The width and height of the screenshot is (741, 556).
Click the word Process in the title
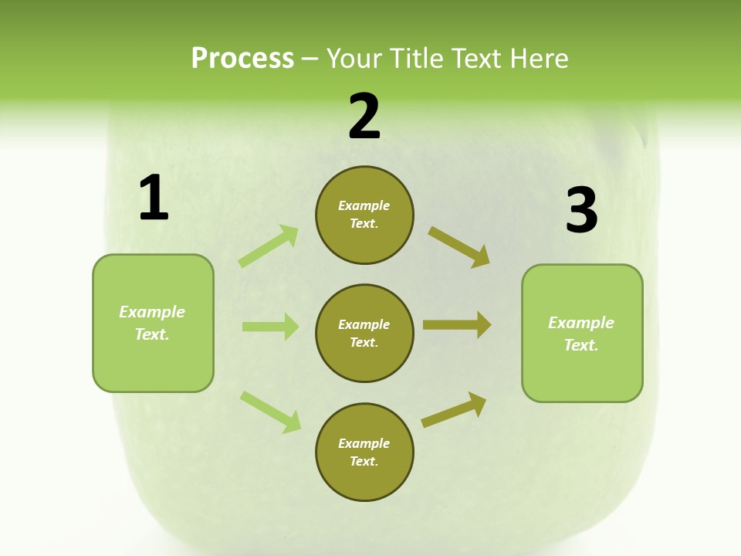(242, 59)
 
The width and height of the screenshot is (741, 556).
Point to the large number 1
(154, 198)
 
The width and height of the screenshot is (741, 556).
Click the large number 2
(364, 117)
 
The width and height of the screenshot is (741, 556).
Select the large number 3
(581, 211)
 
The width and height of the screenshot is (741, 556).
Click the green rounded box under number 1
(153, 323)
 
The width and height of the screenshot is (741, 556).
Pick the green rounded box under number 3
(582, 334)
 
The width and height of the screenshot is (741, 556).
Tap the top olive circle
(364, 215)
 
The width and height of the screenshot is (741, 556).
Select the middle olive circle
(364, 333)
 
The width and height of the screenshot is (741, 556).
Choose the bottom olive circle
(364, 452)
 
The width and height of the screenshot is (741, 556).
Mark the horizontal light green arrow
(270, 327)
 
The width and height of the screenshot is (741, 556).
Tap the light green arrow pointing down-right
(270, 412)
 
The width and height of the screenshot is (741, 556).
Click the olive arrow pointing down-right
(458, 246)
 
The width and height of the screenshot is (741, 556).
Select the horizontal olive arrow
(457, 325)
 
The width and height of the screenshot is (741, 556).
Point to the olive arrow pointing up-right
(454, 410)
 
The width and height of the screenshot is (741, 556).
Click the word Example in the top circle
(364, 205)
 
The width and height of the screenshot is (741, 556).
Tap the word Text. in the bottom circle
(364, 461)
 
